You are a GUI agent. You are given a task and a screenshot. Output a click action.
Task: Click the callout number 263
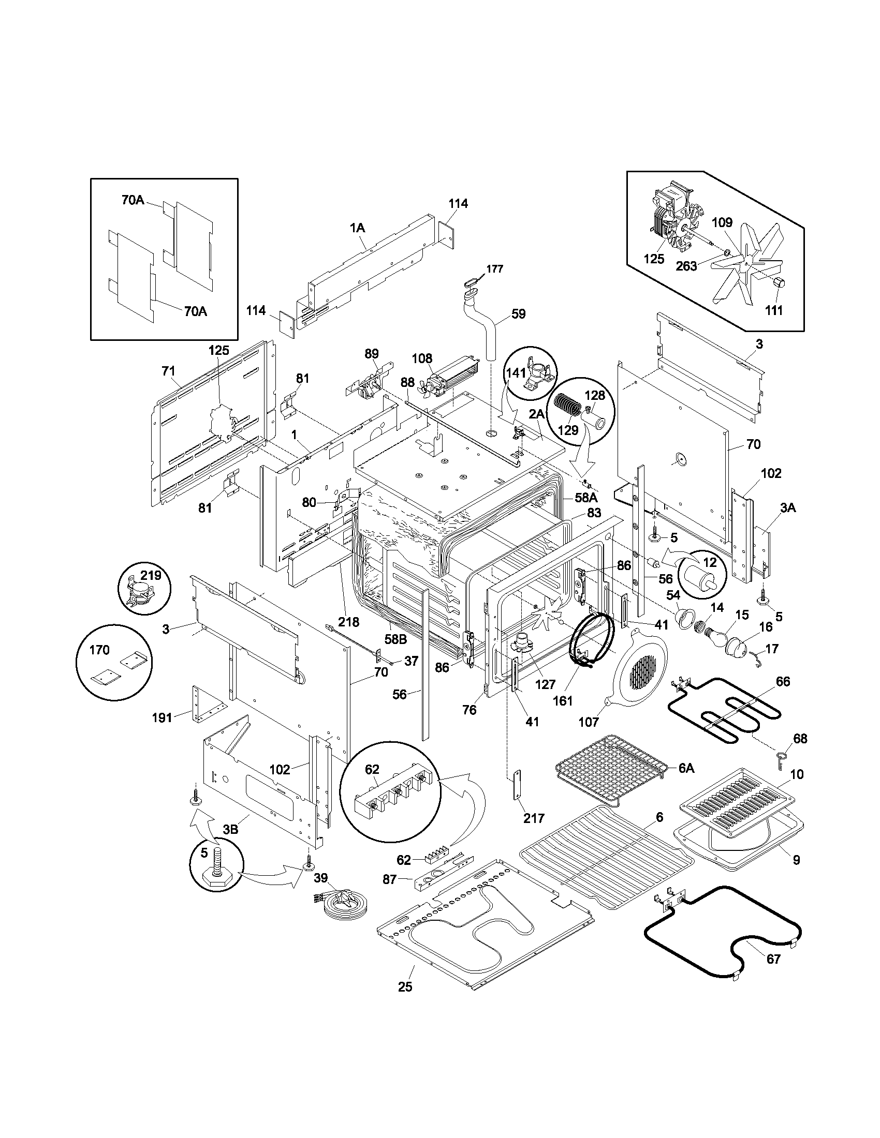[x=686, y=266]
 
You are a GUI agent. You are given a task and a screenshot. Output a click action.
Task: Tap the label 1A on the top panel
[x=357, y=228]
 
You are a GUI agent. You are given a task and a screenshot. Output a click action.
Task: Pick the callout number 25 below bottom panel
[x=405, y=986]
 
